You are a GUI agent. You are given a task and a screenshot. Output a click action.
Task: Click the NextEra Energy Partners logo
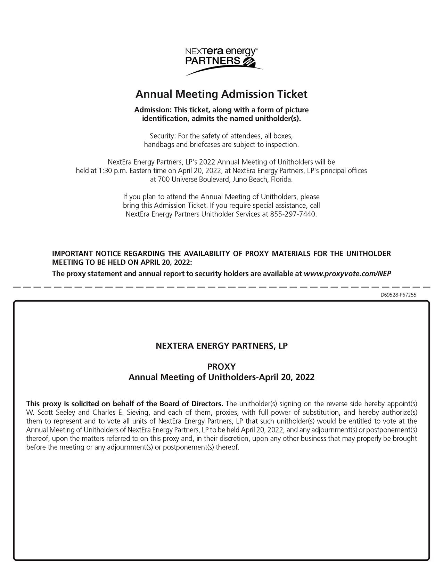tap(221, 61)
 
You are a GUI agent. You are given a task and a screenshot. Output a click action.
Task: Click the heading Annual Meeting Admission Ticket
tap(221, 94)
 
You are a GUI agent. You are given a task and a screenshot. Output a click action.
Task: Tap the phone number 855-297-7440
tap(293, 214)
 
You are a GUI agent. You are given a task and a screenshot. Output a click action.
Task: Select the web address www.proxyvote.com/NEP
tap(347, 273)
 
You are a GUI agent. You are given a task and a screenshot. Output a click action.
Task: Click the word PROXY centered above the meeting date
tap(221, 367)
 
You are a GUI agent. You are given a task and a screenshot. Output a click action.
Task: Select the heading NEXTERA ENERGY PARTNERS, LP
tap(221, 346)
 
